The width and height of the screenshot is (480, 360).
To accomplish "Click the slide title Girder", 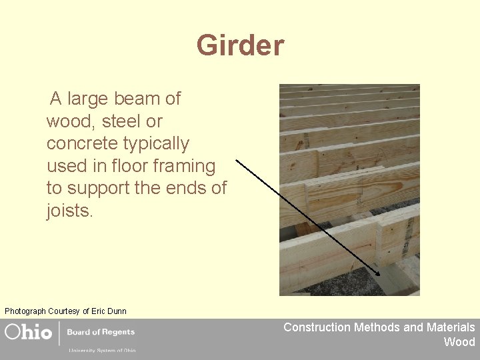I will click(240, 46).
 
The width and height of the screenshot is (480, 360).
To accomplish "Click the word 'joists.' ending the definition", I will click(70, 211).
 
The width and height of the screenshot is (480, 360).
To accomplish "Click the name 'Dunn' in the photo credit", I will click(116, 311).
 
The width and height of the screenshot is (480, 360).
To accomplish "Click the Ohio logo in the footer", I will click(29, 332).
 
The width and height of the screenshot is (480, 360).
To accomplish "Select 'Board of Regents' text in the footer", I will click(101, 332).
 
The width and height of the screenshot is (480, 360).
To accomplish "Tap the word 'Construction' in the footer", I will click(317, 327).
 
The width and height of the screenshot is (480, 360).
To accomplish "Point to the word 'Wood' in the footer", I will click(459, 342).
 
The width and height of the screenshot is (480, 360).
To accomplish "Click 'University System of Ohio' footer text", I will click(101, 350).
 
